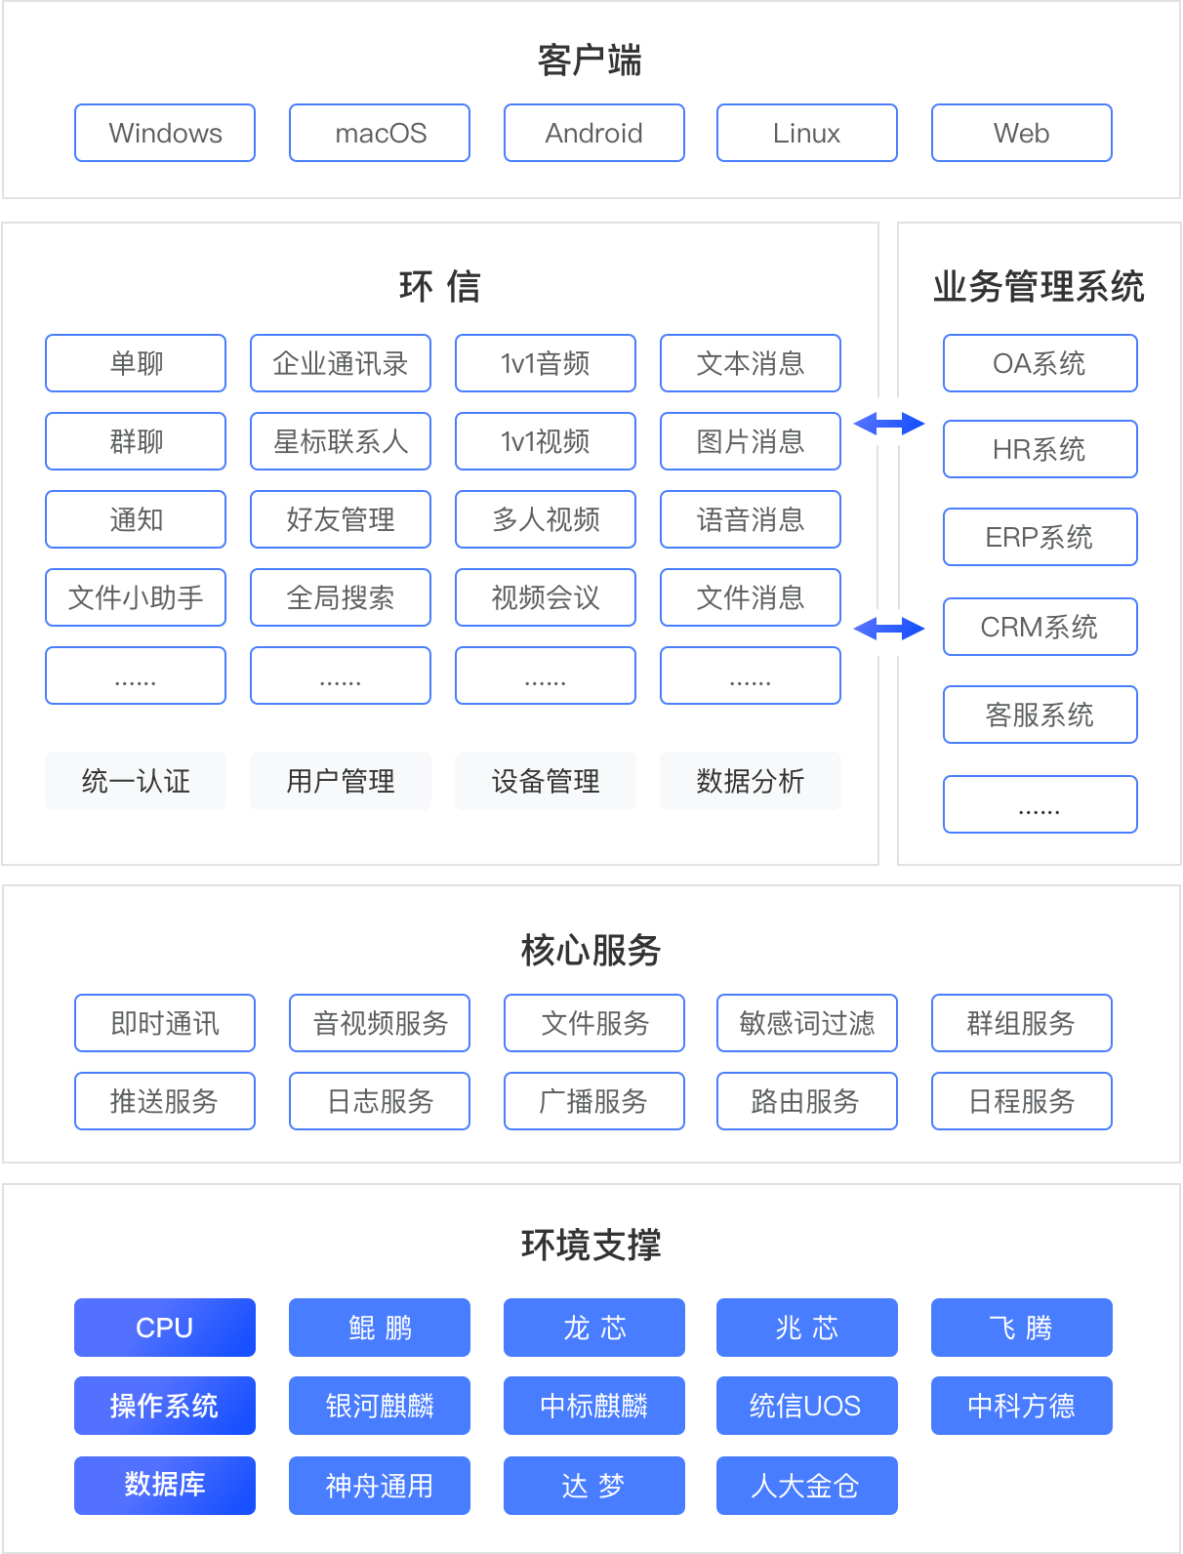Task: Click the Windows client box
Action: (x=165, y=133)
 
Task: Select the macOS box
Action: (x=380, y=133)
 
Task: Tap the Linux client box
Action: (x=807, y=133)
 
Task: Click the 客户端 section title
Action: (x=590, y=61)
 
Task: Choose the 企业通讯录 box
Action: (x=341, y=363)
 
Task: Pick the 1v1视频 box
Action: (x=546, y=441)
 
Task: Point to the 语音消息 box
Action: (x=751, y=519)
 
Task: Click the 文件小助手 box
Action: (x=136, y=597)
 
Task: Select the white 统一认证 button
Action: (x=136, y=781)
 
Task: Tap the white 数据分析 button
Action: (x=751, y=781)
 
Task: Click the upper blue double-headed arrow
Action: (x=889, y=424)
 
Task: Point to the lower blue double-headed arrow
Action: (x=889, y=629)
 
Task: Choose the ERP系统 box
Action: (x=1040, y=537)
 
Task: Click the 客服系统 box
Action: (x=1040, y=715)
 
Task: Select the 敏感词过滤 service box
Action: (x=807, y=1023)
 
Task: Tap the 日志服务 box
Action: (x=380, y=1101)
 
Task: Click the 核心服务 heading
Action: (x=591, y=950)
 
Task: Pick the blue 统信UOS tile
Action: (x=807, y=1406)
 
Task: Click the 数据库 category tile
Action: (x=165, y=1485)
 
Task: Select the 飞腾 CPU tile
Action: (x=1022, y=1328)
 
